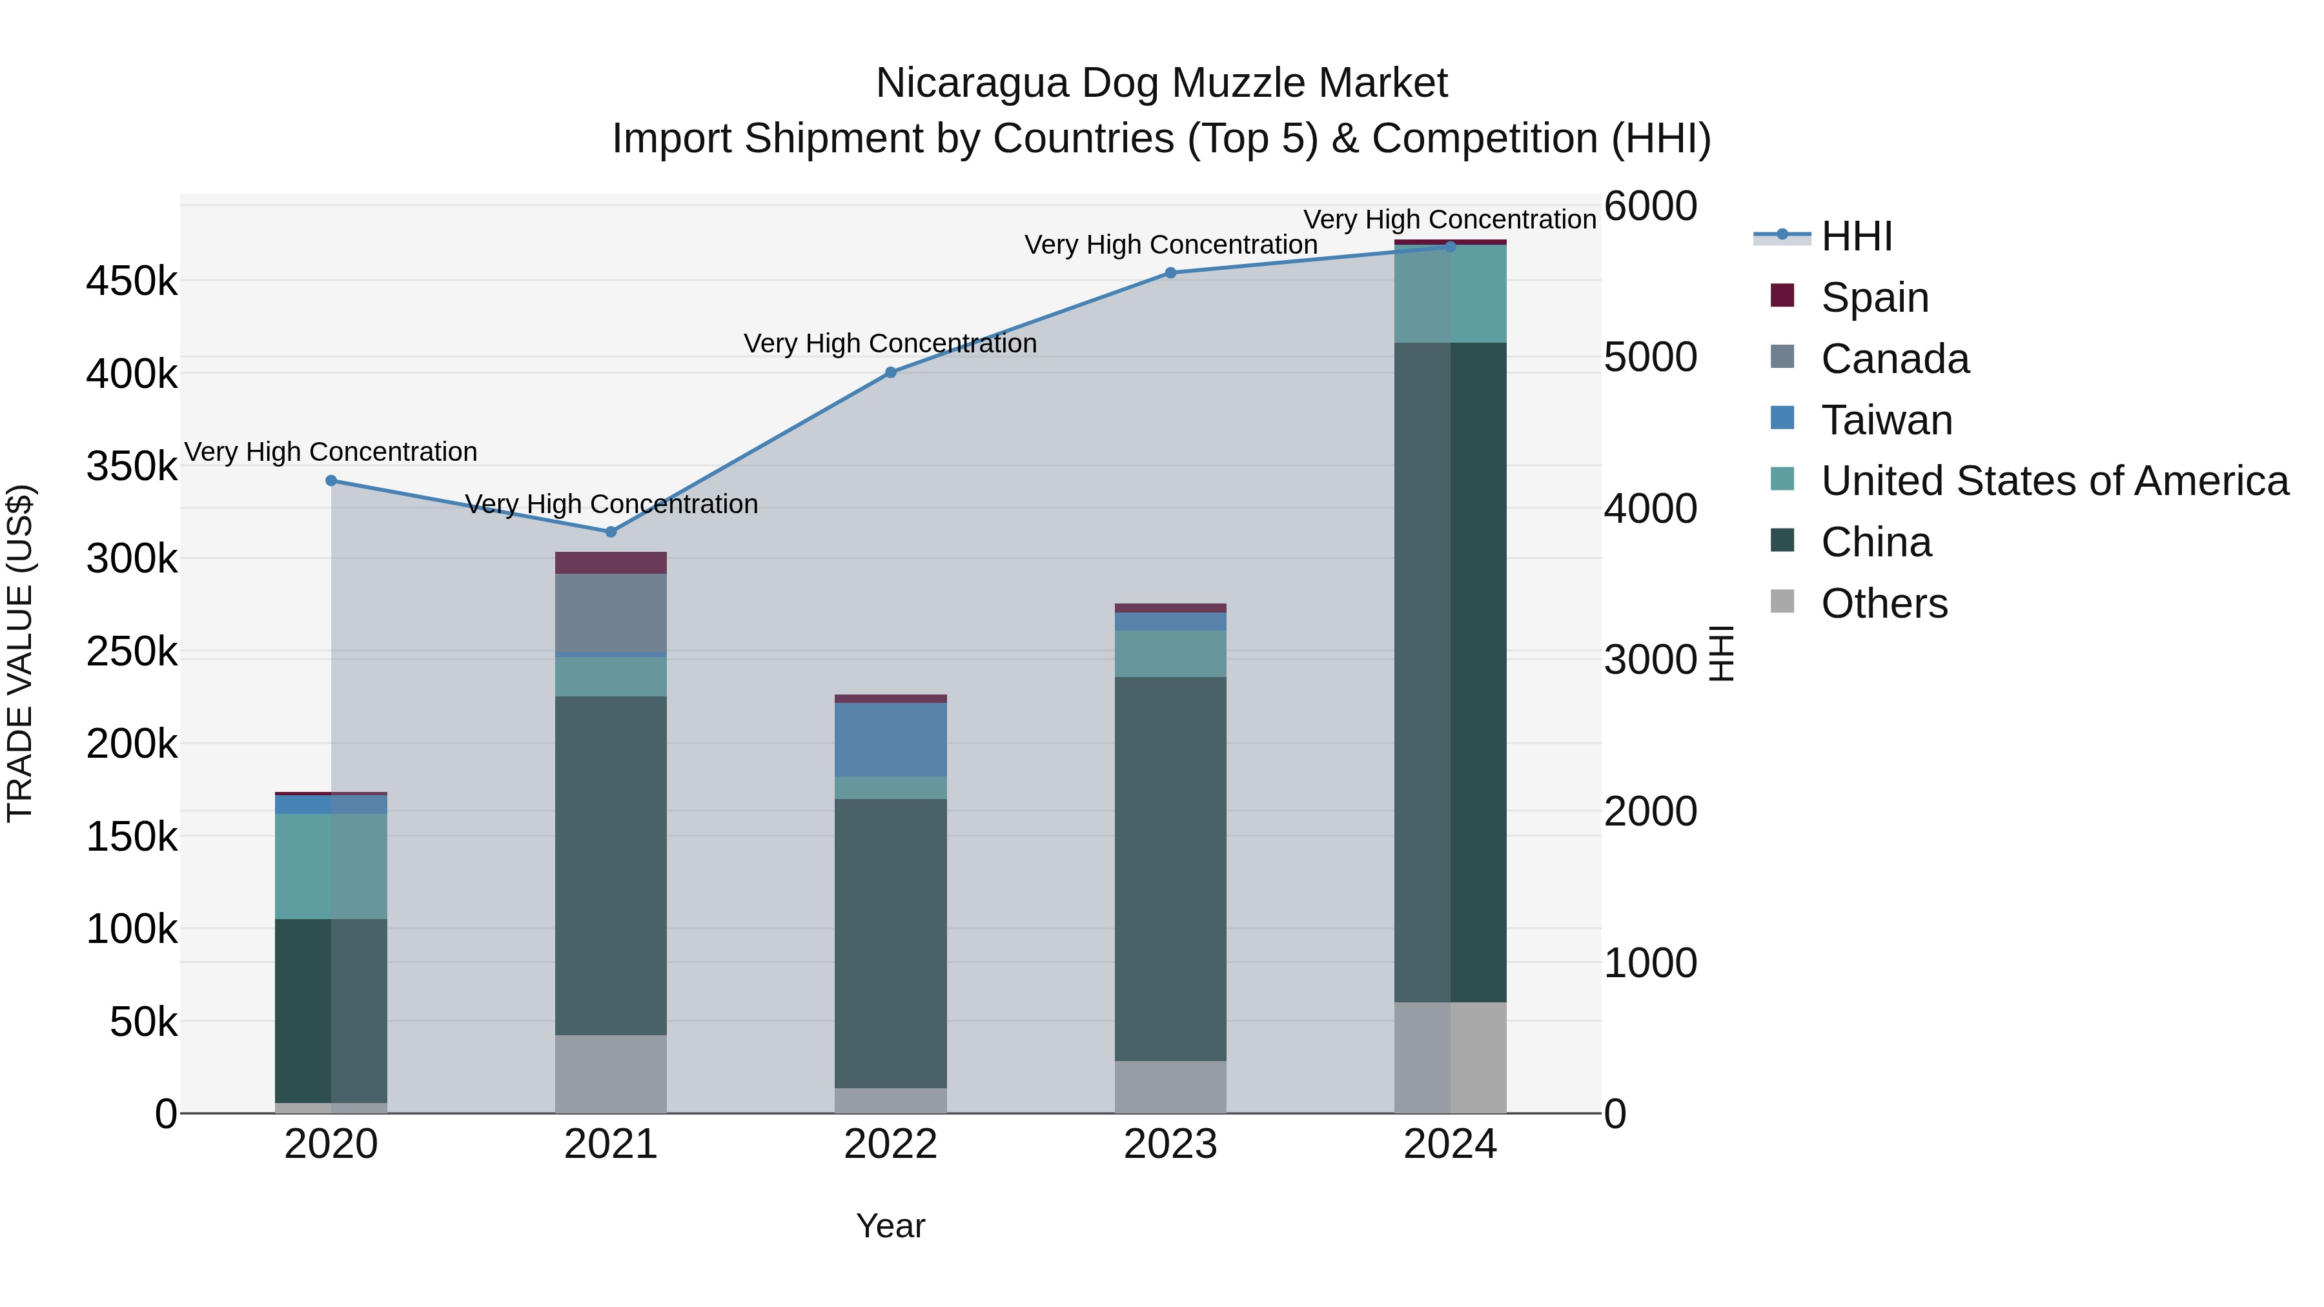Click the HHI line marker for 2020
pos(331,481)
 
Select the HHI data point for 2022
pos(890,372)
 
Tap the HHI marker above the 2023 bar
pos(1170,272)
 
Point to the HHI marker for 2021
pos(611,532)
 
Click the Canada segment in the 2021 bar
pos(611,613)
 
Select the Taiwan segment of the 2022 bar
pos(890,740)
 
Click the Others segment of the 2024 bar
pos(1450,1057)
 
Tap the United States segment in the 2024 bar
pos(1450,294)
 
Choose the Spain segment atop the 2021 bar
pos(611,563)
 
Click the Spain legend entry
pos(1874,298)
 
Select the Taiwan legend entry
pos(1886,420)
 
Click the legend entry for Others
pos(1884,603)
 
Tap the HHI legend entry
pos(1856,236)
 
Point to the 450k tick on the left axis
pos(132,281)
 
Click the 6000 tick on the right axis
pos(1650,206)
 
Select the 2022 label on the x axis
pos(890,1144)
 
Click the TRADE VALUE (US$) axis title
pos(21,653)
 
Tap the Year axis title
pos(890,1226)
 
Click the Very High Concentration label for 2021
pos(611,504)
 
